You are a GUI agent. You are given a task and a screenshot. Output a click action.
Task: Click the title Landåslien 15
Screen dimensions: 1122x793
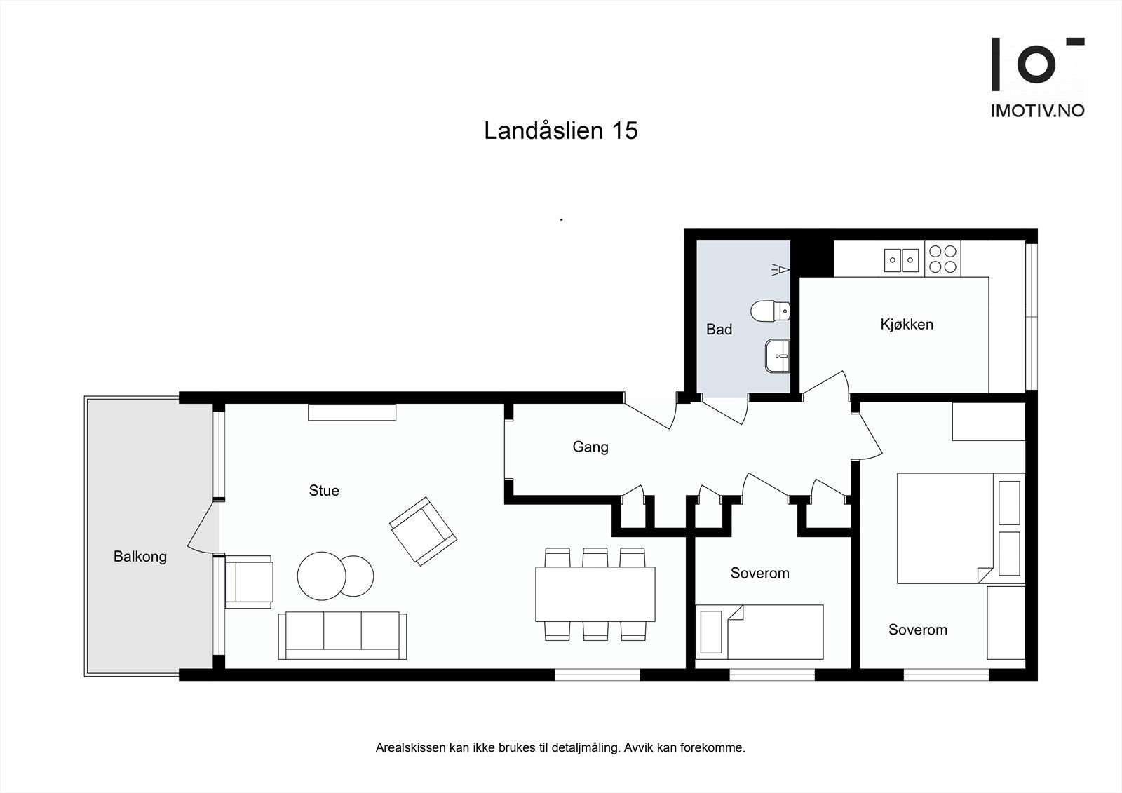(x=560, y=130)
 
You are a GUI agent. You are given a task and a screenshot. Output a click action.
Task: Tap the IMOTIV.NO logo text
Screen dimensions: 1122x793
(x=1037, y=111)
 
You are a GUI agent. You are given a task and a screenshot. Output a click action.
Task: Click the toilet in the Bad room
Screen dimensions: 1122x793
(x=771, y=311)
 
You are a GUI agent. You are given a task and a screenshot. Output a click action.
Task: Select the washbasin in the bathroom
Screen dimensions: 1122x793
(x=778, y=355)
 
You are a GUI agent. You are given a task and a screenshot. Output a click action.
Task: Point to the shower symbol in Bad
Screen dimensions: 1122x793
(x=780, y=270)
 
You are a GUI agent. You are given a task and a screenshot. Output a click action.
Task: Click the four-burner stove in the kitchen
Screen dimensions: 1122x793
(x=942, y=259)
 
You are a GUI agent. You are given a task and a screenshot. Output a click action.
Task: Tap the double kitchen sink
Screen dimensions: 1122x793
(x=902, y=260)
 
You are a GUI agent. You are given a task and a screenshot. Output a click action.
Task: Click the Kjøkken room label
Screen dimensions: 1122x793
(x=907, y=325)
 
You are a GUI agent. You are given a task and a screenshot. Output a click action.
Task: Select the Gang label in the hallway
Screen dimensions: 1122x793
(x=590, y=447)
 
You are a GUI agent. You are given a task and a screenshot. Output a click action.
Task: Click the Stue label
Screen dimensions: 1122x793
(x=324, y=490)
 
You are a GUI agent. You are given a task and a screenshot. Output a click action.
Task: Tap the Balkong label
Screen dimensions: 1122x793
(x=140, y=557)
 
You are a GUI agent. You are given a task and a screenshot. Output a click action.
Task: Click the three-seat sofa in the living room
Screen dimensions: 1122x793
(x=343, y=635)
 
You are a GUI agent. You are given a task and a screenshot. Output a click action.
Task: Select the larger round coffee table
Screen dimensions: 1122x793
(x=322, y=576)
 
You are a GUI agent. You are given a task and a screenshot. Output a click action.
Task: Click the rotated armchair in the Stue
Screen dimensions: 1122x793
(x=424, y=531)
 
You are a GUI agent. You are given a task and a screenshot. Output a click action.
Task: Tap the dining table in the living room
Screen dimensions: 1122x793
(x=595, y=594)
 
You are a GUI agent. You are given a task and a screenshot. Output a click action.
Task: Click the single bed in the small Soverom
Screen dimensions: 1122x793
(x=759, y=632)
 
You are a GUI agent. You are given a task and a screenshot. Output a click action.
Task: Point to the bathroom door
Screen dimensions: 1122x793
(x=725, y=409)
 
